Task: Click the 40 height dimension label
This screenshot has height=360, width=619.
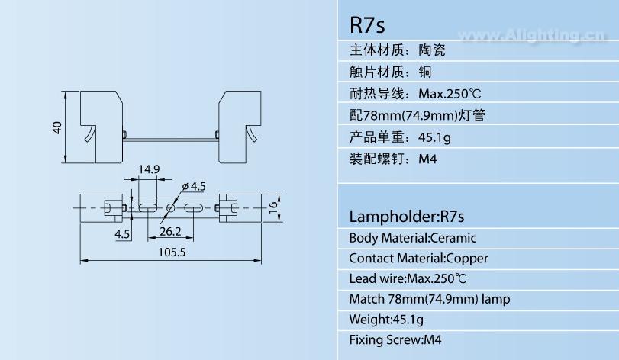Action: pyautogui.click(x=56, y=127)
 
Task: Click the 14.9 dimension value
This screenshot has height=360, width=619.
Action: pyautogui.click(x=148, y=169)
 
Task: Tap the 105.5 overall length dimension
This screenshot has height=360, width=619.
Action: pyautogui.click(x=172, y=253)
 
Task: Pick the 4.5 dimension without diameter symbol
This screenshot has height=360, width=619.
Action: pyautogui.click(x=122, y=234)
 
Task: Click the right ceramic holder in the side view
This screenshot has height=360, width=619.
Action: pyautogui.click(x=240, y=126)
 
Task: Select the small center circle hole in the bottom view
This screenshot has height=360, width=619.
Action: pyautogui.click(x=170, y=207)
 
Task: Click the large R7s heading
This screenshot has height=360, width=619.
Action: pyautogui.click(x=367, y=24)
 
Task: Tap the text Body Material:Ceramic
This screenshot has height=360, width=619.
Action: pyautogui.click(x=412, y=238)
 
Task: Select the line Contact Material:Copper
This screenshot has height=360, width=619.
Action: pyautogui.click(x=418, y=259)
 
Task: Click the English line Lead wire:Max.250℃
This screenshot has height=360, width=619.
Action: pyautogui.click(x=408, y=278)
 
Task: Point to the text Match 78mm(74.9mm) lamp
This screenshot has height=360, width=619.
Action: pyautogui.click(x=429, y=299)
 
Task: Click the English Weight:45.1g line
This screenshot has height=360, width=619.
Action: pyautogui.click(x=386, y=319)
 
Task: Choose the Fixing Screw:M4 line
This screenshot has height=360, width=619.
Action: pyautogui.click(x=395, y=339)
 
